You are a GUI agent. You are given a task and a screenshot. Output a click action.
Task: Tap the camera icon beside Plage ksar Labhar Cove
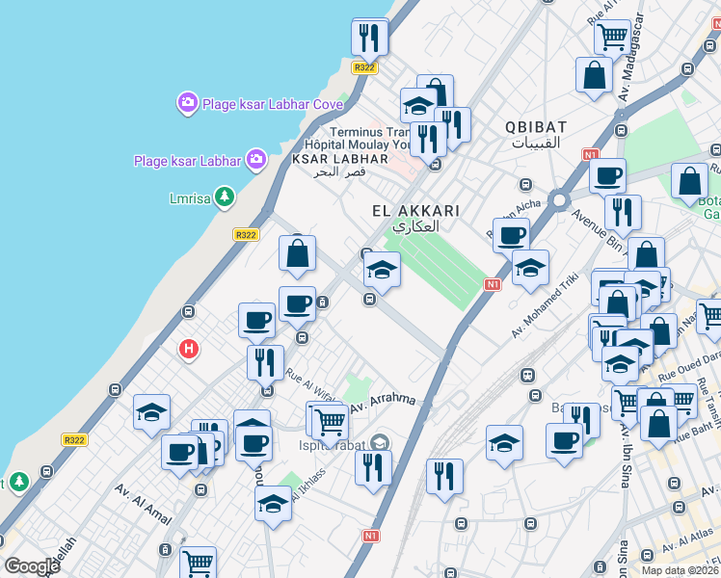point(187,102)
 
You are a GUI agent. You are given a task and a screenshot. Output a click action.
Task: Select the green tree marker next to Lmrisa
point(225,198)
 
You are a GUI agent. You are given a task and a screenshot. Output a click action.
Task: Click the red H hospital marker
point(189,350)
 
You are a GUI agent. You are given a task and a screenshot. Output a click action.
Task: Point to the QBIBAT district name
point(534,127)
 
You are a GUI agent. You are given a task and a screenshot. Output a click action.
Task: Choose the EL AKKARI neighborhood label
point(415,210)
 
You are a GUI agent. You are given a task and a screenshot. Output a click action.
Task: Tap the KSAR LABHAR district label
point(339,158)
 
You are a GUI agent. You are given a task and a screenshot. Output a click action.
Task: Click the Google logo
point(32,566)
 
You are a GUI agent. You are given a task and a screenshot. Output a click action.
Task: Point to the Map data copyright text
point(681,569)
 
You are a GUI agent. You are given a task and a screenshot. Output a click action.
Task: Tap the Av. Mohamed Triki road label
point(545,304)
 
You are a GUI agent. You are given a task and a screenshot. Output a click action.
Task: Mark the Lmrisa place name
point(187,199)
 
